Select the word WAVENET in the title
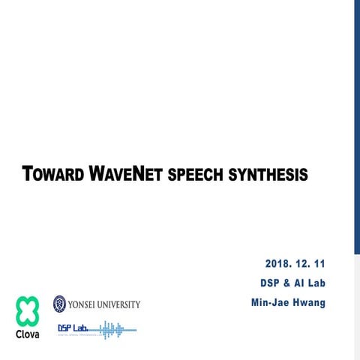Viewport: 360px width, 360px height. tap(124, 175)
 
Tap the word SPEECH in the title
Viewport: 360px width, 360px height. tap(196, 175)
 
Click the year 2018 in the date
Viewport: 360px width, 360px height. tap(280, 264)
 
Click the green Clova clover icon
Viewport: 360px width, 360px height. tap(27, 310)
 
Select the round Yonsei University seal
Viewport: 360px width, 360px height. tap(59, 304)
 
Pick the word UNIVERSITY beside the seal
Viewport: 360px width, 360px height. tap(118, 304)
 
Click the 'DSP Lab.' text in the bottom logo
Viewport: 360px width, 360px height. tap(73, 328)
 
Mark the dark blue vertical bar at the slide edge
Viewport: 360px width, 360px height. tap(356, 127)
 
